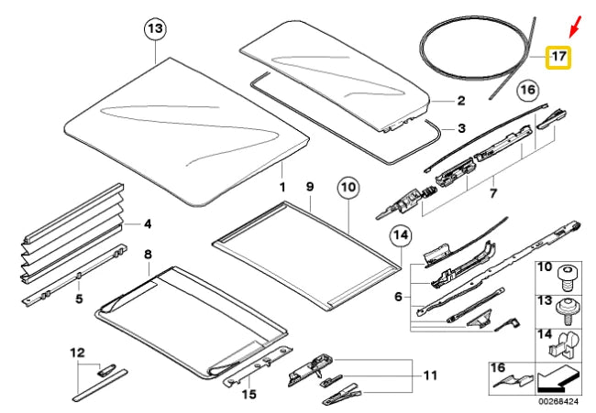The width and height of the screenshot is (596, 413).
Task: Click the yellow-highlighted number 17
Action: pyautogui.click(x=557, y=58)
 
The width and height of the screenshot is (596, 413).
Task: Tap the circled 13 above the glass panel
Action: pyautogui.click(x=156, y=30)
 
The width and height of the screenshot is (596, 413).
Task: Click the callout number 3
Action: pyautogui.click(x=461, y=127)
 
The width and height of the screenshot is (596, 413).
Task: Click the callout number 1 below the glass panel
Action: pyautogui.click(x=282, y=187)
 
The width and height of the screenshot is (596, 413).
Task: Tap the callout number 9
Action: pyautogui.click(x=310, y=187)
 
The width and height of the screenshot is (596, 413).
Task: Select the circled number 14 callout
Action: pyautogui.click(x=401, y=237)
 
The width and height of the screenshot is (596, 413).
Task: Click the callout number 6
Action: pyautogui.click(x=398, y=297)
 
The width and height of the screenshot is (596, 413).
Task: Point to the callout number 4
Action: pyautogui.click(x=148, y=223)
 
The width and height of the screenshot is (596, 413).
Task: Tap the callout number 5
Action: pyautogui.click(x=79, y=298)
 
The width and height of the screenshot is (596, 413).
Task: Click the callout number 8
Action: pyautogui.click(x=148, y=252)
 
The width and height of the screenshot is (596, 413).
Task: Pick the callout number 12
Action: pyautogui.click(x=77, y=352)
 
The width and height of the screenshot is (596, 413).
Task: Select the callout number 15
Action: pyautogui.click(x=248, y=395)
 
